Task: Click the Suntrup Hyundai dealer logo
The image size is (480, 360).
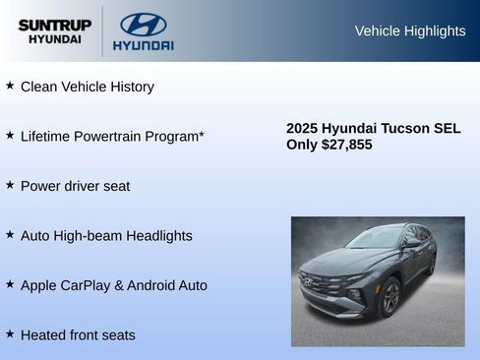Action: pyautogui.click(x=54, y=31)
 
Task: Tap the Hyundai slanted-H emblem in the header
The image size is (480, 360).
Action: pyautogui.click(x=144, y=25)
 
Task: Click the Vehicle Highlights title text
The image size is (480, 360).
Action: pyautogui.click(x=409, y=30)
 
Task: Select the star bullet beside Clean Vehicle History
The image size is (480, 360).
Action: pyautogui.click(x=10, y=86)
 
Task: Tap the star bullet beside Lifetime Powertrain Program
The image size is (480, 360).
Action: pyautogui.click(x=10, y=135)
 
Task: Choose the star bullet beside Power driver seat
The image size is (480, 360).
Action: pyautogui.click(x=10, y=185)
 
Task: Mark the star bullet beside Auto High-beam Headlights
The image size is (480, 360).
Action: pyautogui.click(x=10, y=235)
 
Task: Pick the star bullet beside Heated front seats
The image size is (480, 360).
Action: pyautogui.click(x=10, y=334)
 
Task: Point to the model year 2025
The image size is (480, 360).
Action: pyautogui.click(x=303, y=128)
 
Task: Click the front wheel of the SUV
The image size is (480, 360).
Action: pyautogui.click(x=389, y=297)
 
